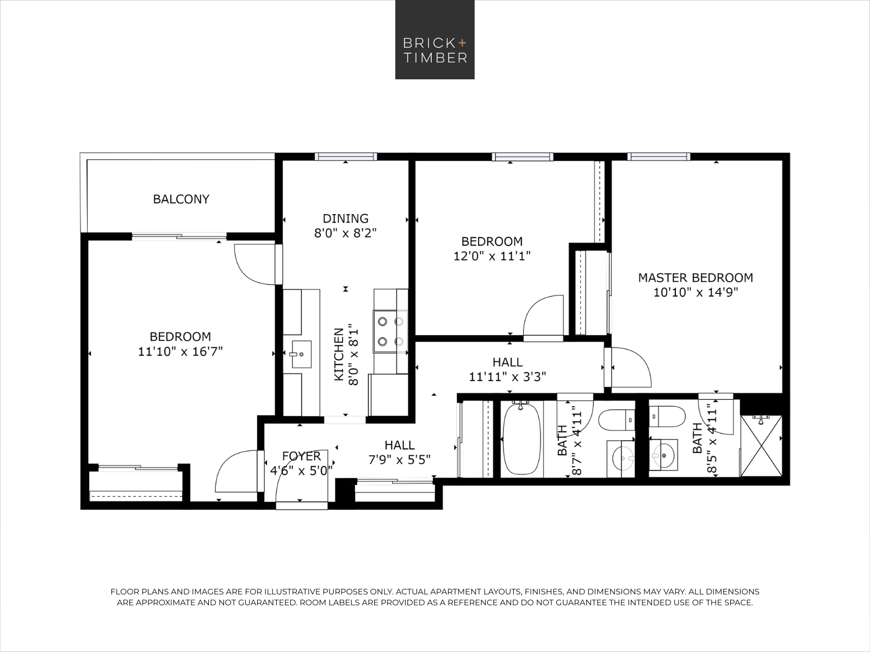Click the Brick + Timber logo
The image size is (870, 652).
(x=435, y=40)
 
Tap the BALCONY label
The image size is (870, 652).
(x=181, y=199)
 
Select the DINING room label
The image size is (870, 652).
(x=346, y=218)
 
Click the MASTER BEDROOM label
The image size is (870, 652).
(x=695, y=278)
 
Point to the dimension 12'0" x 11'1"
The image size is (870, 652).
(x=492, y=256)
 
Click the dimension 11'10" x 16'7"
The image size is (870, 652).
(x=181, y=352)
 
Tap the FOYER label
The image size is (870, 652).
(x=301, y=456)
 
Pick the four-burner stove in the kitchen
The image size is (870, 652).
(x=390, y=331)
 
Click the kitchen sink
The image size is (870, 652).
(x=301, y=354)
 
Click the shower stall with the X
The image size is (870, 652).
(x=761, y=446)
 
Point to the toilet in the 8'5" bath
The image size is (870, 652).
(x=667, y=416)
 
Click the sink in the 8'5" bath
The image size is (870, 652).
(x=663, y=455)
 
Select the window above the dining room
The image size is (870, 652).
(x=346, y=157)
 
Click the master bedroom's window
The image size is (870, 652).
(x=658, y=157)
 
